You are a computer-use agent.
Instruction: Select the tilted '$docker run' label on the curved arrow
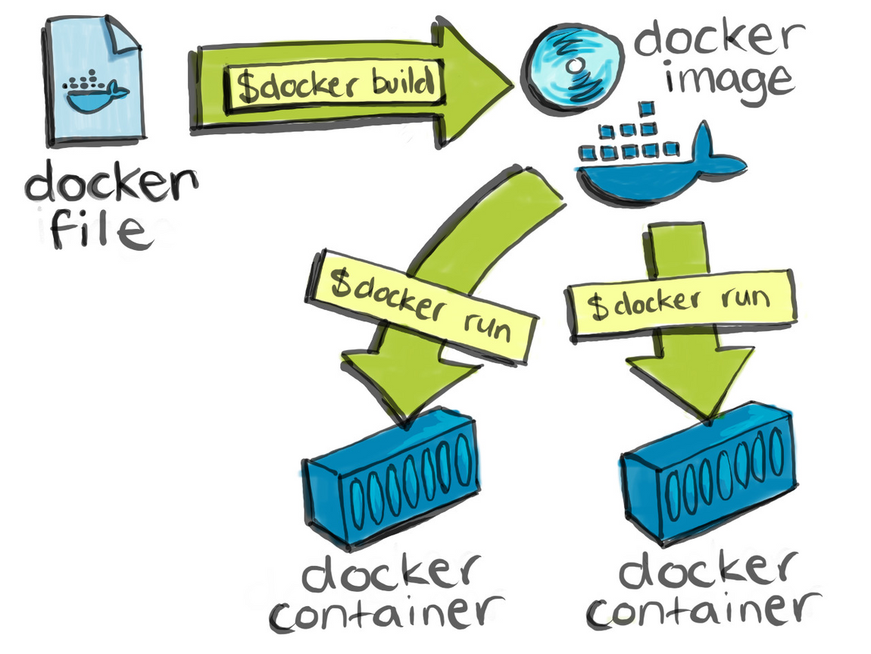click(x=421, y=304)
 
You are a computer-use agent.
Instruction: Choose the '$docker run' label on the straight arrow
click(x=681, y=302)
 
